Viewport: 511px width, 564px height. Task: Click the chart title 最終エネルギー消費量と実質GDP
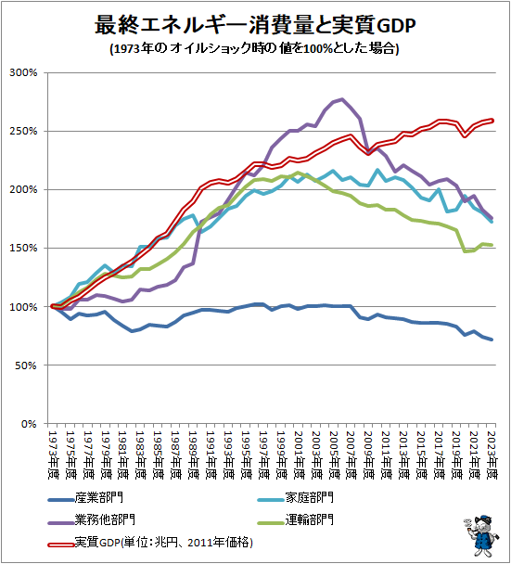coord(254,22)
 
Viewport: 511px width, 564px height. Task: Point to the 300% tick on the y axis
coord(22,72)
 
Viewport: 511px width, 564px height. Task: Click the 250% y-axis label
coord(22,131)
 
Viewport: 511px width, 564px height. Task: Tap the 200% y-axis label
coord(22,189)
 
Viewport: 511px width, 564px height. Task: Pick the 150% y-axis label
coord(22,248)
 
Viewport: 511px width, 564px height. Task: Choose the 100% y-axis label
coord(22,307)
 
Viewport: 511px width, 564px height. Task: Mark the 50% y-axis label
coord(24,365)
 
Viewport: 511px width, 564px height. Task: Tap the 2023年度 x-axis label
coord(492,452)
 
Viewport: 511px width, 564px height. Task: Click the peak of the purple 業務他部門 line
coord(342,99)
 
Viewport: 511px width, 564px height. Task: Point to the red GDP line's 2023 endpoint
coord(492,120)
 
